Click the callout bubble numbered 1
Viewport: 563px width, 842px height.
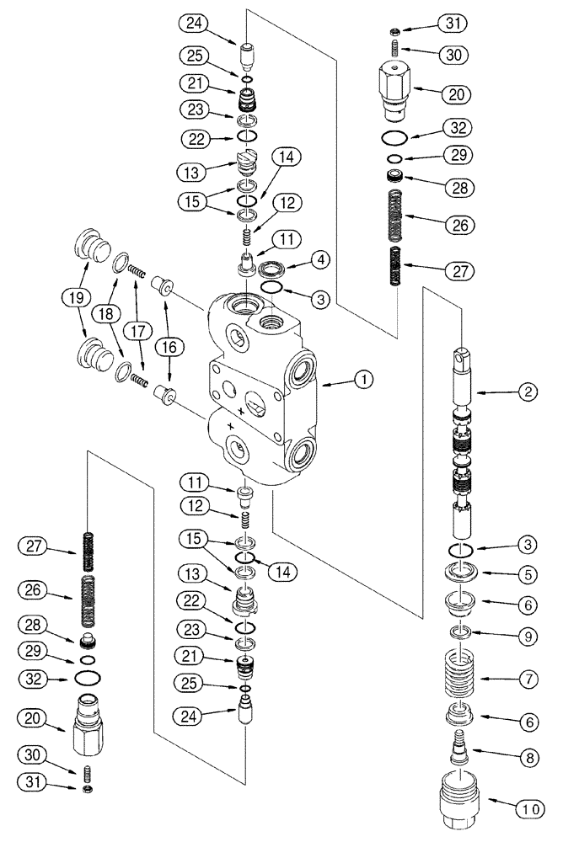(363, 381)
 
